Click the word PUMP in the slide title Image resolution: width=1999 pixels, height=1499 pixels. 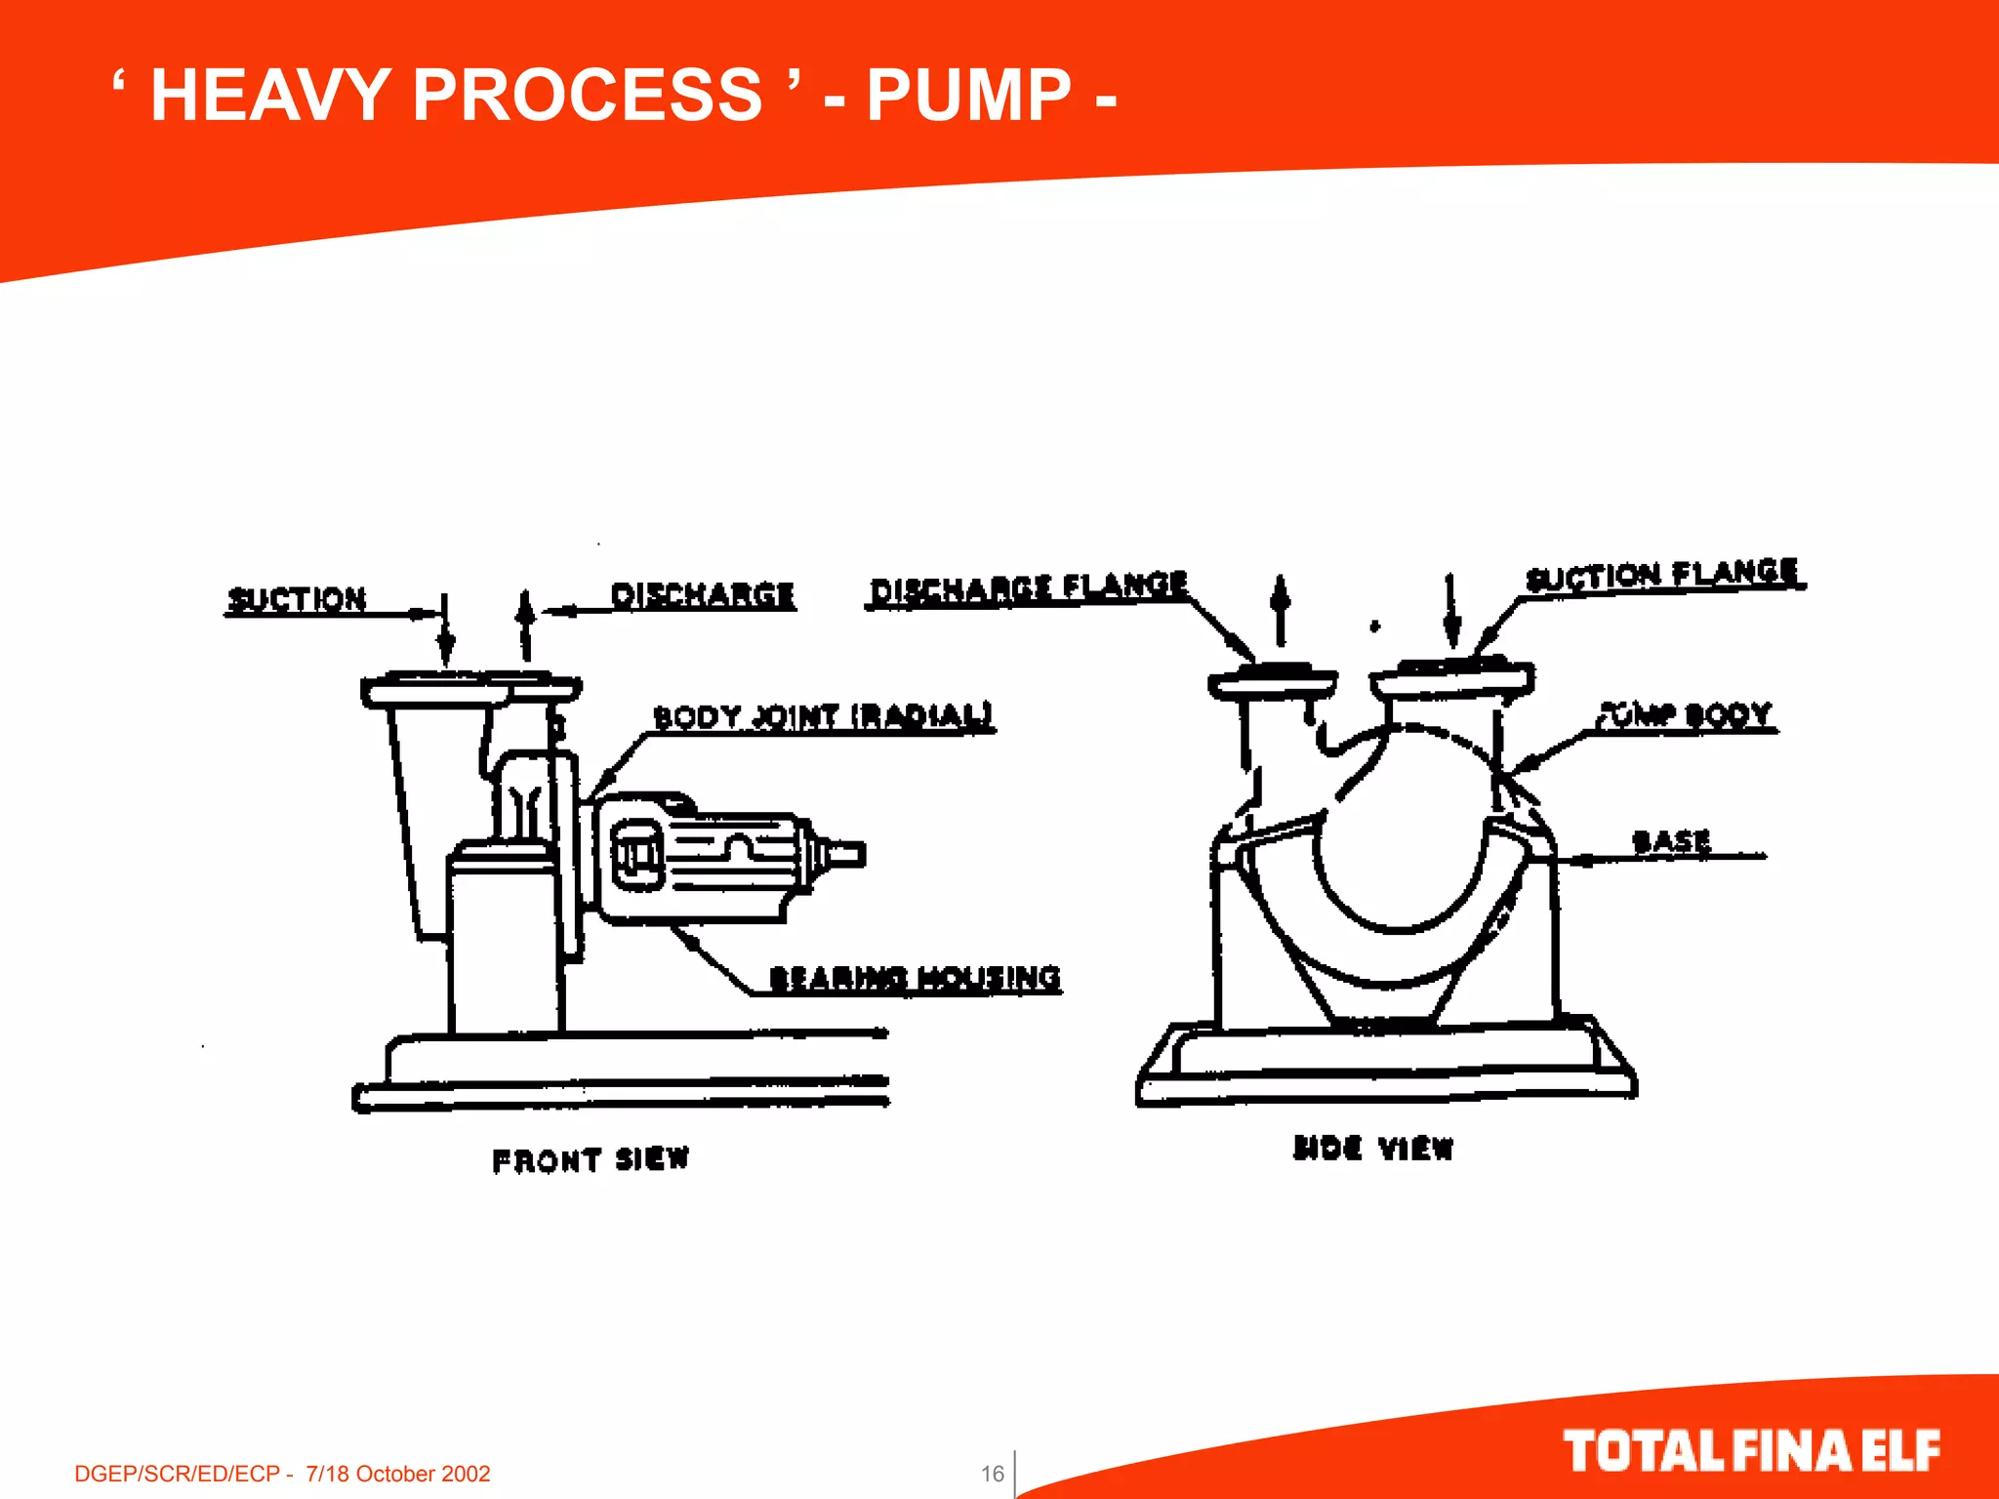968,96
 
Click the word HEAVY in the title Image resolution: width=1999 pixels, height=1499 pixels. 270,96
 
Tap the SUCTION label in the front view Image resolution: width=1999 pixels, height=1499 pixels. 297,598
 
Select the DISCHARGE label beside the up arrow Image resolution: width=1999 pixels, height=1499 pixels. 702,594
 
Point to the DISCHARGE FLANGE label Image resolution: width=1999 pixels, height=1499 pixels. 1028,587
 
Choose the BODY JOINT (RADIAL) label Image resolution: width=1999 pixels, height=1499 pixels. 823,716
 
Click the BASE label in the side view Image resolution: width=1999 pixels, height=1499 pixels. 1671,840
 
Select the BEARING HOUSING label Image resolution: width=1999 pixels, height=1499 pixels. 915,977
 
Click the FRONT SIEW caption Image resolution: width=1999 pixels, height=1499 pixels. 591,1159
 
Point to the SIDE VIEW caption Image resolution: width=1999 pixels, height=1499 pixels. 1373,1148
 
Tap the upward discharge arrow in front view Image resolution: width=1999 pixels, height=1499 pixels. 525,625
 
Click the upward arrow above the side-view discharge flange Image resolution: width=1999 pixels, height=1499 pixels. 1281,609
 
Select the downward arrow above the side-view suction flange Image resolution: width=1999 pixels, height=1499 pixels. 1451,611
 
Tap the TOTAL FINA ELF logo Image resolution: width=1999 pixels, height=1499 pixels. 1751,1450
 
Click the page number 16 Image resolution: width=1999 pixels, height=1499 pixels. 992,1473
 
